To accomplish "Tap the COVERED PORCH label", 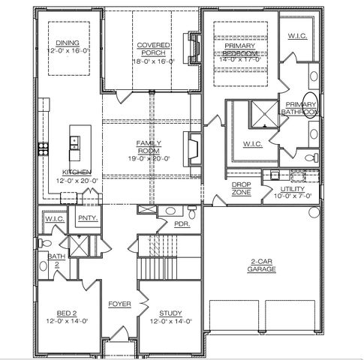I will click(x=153, y=49).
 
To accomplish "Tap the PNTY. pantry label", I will click(x=86, y=218).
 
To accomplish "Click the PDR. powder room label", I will click(x=181, y=223).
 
